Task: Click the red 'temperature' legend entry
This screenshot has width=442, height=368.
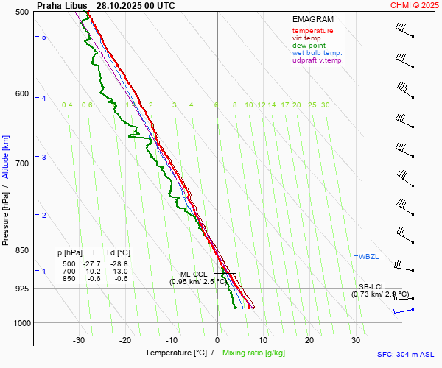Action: pyautogui.click(x=312, y=31)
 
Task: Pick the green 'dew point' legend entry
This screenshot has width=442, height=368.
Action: pyautogui.click(x=309, y=46)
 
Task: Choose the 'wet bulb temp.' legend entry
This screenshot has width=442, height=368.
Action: pyautogui.click(x=318, y=53)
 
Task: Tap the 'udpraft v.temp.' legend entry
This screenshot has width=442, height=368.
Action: pyautogui.click(x=318, y=60)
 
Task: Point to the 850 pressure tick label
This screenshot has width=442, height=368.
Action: pyautogui.click(x=22, y=250)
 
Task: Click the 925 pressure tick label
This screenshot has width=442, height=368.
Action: pyautogui.click(x=22, y=289)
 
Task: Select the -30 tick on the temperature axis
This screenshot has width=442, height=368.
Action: pyautogui.click(x=79, y=340)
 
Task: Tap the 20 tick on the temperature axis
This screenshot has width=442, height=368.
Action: pyautogui.click(x=309, y=340)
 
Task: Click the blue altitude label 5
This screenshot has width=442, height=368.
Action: pyautogui.click(x=44, y=37)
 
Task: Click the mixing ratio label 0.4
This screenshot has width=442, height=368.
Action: pyautogui.click(x=67, y=105)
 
